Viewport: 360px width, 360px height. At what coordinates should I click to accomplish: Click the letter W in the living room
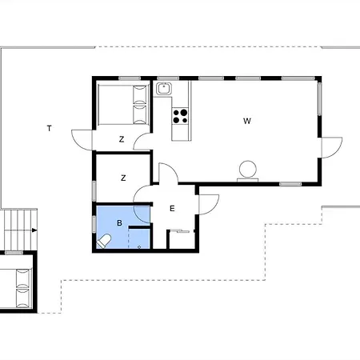point(247,121)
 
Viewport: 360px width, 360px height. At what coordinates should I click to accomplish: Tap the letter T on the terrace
point(49,129)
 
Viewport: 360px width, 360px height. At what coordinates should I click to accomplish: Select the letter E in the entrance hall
point(172,209)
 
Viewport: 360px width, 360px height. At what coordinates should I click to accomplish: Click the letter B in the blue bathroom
point(119,223)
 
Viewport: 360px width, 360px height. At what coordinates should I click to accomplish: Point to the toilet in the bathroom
point(104,241)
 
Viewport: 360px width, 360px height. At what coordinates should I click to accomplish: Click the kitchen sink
point(164,89)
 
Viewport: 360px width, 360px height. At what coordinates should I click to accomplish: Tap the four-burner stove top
point(180,116)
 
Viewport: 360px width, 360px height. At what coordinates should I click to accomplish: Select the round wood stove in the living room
point(248,169)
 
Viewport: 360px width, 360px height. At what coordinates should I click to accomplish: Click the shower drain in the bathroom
point(139,247)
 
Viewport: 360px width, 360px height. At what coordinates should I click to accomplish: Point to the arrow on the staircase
point(34,230)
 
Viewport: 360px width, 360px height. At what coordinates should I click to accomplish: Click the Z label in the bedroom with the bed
point(122,139)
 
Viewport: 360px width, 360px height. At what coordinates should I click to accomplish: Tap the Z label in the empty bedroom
point(123,178)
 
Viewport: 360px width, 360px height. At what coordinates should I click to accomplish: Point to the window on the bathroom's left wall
point(94,224)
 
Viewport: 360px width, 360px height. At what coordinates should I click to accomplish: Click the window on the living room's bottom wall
point(290,184)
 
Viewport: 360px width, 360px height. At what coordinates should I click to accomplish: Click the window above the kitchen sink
point(168,78)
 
